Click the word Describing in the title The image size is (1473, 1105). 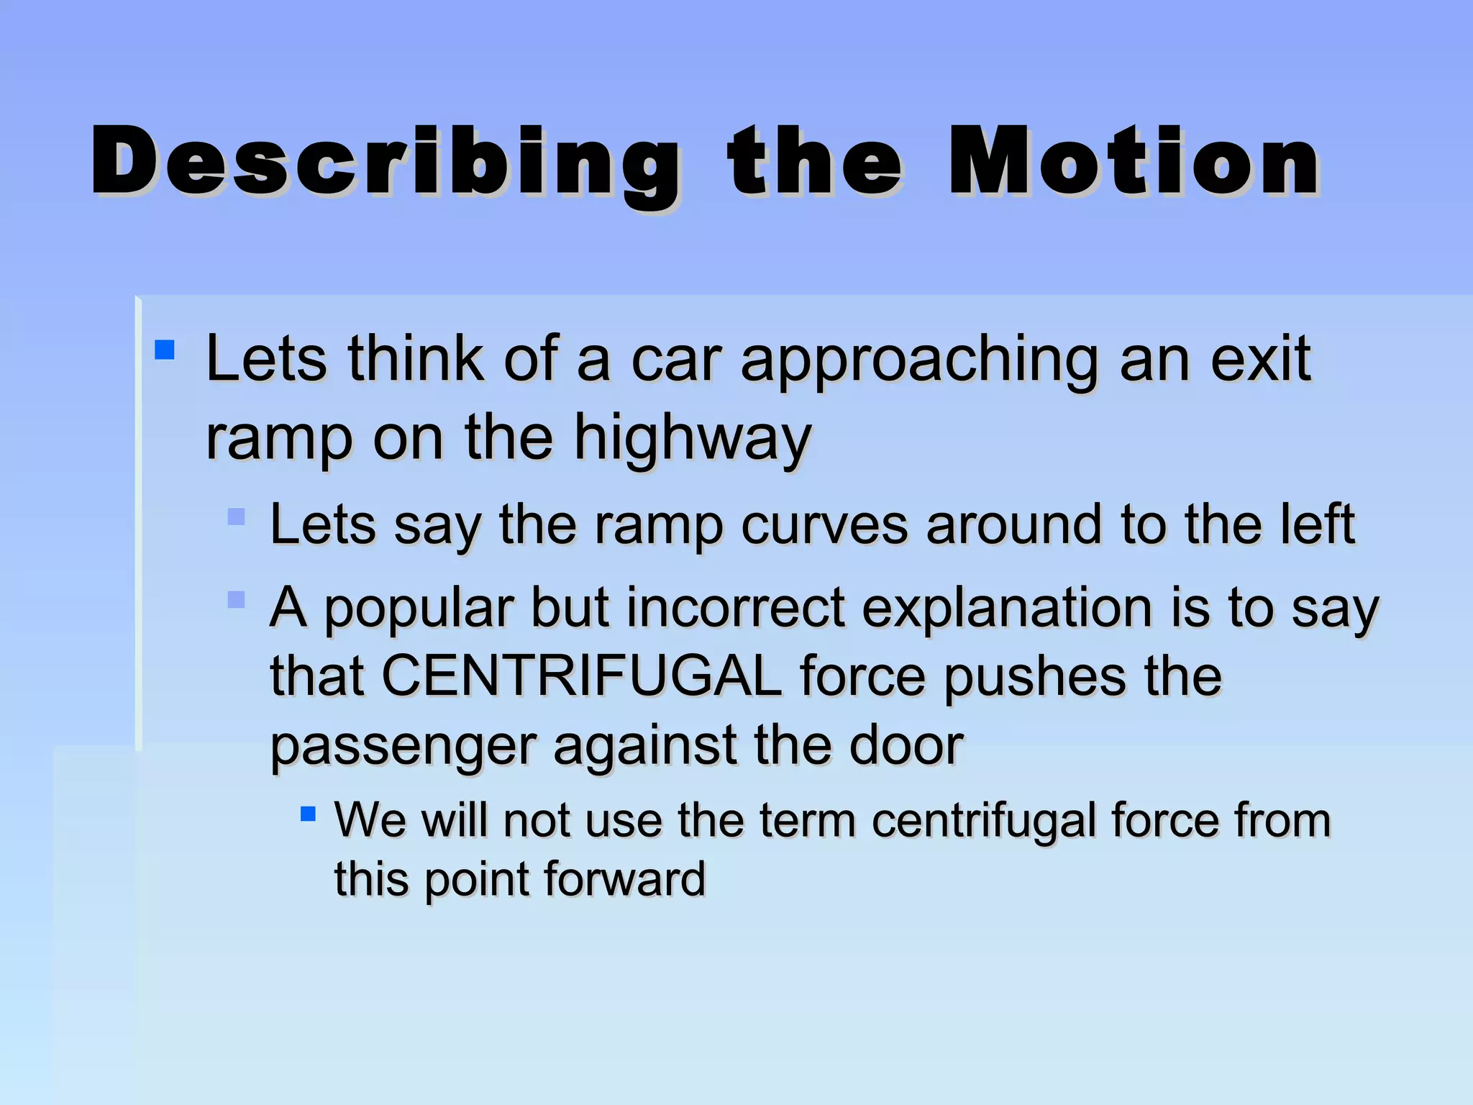click(x=385, y=162)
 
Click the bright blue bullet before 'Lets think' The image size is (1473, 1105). click(x=165, y=350)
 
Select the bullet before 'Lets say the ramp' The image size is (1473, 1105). click(x=236, y=517)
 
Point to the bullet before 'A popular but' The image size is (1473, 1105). click(x=236, y=599)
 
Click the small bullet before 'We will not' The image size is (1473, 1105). click(x=308, y=814)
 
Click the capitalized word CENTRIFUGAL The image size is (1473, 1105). click(x=581, y=676)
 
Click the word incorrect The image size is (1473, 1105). click(x=735, y=608)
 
